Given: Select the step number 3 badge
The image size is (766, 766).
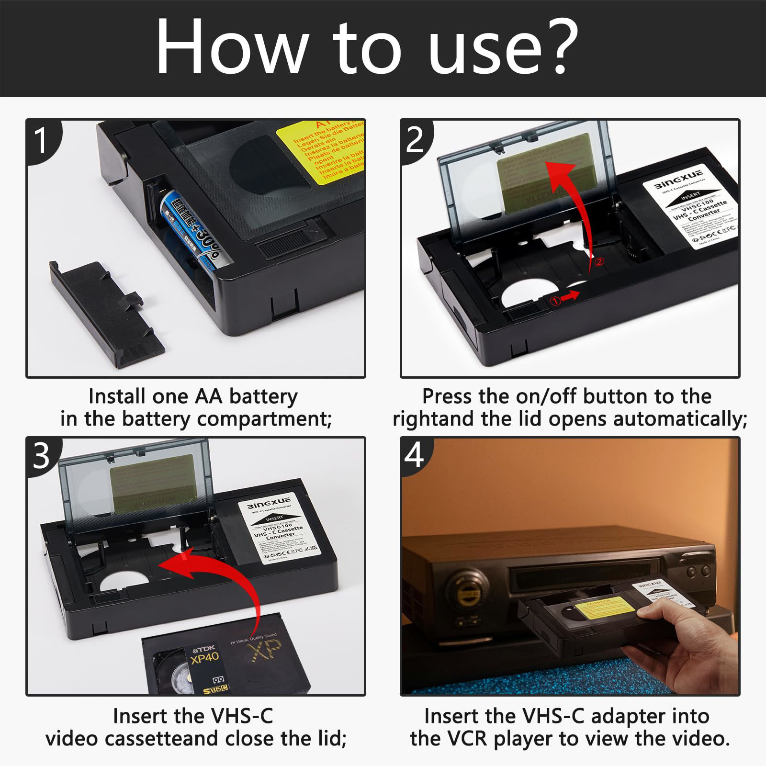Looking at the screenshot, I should [x=41, y=456].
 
